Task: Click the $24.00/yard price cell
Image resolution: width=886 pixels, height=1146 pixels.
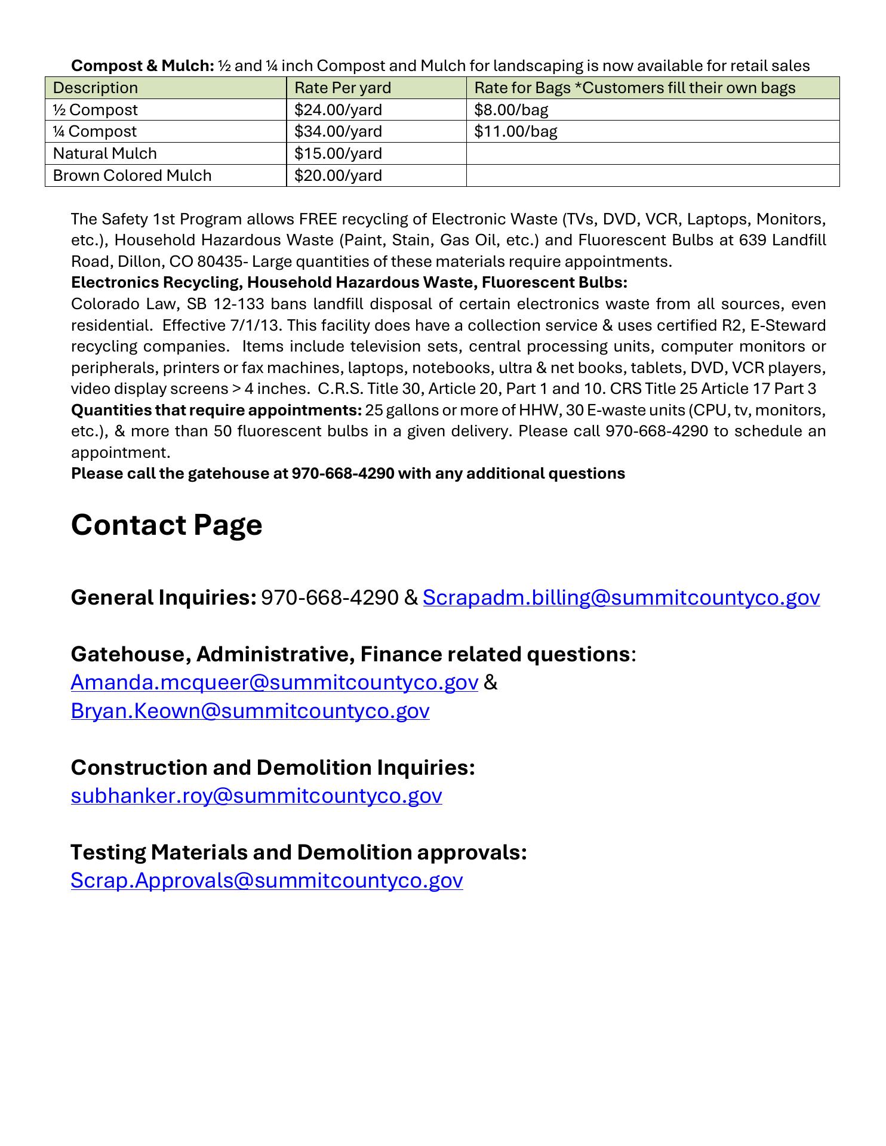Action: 338,110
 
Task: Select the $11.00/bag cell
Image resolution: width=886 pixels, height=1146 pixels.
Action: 515,131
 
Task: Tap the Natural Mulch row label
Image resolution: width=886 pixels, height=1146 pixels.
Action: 105,153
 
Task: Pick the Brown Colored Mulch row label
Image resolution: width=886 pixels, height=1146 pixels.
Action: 132,175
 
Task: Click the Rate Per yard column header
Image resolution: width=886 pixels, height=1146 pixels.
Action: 343,88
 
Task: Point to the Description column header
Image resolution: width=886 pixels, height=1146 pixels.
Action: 96,88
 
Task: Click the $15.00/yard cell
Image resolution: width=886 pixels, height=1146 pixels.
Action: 338,153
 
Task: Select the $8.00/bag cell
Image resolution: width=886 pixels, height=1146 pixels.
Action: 511,110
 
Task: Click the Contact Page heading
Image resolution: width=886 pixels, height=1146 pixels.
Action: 167,525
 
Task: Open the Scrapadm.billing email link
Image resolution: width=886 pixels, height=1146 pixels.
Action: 621,597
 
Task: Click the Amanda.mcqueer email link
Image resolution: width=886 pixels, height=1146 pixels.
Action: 274,682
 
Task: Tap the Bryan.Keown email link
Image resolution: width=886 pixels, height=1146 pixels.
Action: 250,711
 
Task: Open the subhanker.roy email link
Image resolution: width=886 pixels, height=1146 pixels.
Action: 256,796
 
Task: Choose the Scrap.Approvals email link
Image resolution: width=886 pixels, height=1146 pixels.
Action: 266,880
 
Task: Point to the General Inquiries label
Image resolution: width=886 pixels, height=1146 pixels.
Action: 164,597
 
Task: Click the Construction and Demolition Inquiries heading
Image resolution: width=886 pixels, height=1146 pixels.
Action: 273,768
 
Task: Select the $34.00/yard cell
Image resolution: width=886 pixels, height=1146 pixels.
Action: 338,131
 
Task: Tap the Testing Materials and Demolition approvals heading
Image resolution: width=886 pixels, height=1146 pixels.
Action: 299,852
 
